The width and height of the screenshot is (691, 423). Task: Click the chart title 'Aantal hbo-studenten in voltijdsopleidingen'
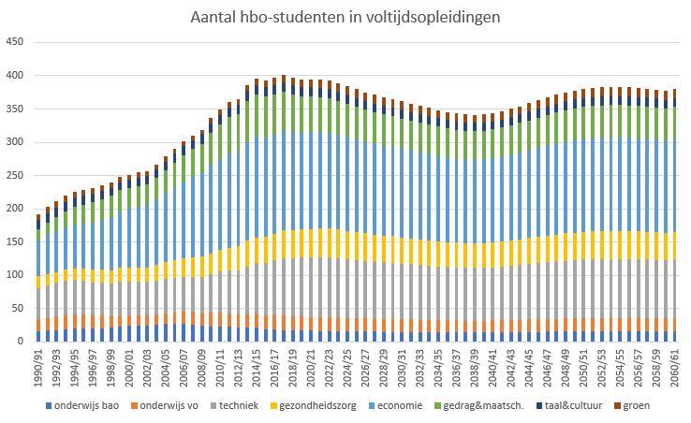(345, 17)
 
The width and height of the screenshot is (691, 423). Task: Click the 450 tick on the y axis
(14, 42)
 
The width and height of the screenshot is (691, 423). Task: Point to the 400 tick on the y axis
(14, 75)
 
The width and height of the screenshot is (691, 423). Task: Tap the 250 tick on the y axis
(14, 175)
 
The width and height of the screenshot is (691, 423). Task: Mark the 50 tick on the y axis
(17, 308)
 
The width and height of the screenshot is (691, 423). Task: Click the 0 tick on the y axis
(20, 342)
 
